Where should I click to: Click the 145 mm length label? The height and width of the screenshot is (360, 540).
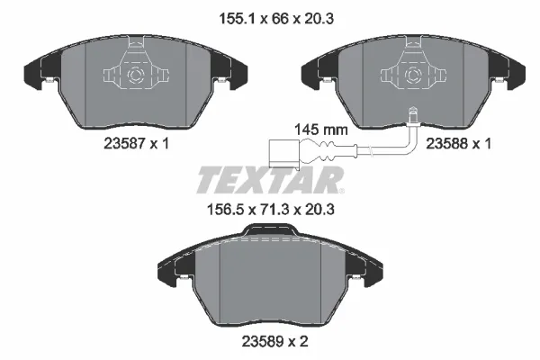[321, 129]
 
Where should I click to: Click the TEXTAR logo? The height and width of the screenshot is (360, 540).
[269, 179]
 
